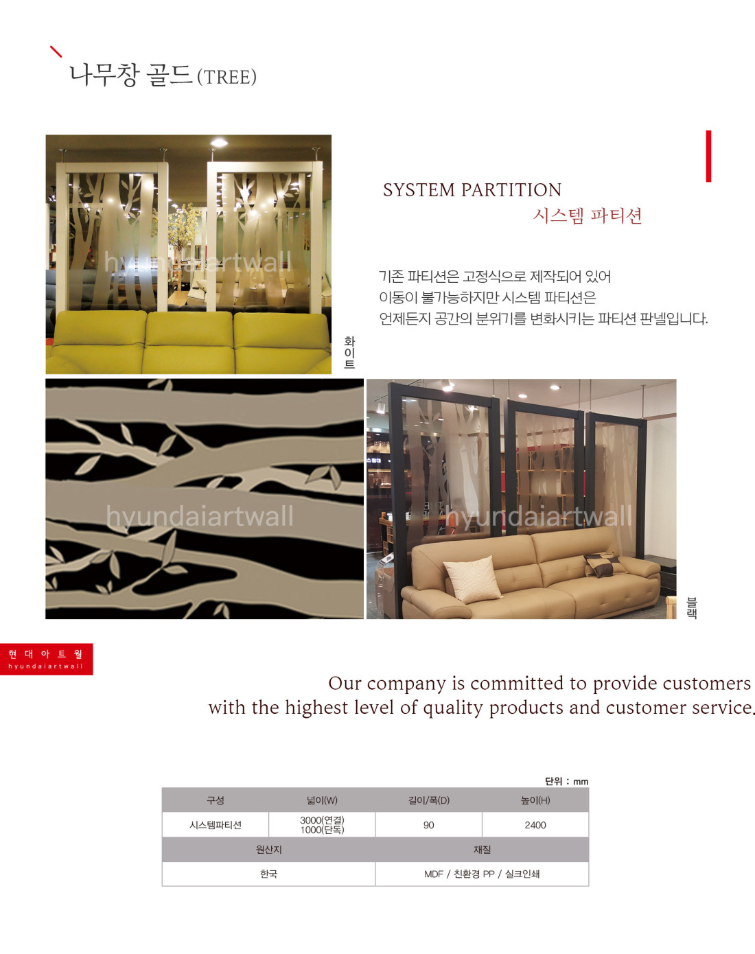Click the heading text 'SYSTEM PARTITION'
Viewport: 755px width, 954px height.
point(472,190)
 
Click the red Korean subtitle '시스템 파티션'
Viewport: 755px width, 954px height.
point(588,216)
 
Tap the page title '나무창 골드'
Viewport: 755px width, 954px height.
point(131,74)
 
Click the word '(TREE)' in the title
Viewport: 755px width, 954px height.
point(226,77)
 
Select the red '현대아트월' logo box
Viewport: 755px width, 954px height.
point(46,659)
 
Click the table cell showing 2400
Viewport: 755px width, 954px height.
point(535,825)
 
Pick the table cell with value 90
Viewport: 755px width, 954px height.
point(429,825)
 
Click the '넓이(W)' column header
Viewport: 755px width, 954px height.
point(322,800)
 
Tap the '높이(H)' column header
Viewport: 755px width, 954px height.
point(535,800)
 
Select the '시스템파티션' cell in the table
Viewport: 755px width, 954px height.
point(216,825)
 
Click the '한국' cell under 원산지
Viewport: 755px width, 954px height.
point(268,874)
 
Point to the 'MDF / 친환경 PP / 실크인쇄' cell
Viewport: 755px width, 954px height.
point(482,874)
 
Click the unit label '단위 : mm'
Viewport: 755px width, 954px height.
point(566,781)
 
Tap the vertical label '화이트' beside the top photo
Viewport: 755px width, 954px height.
point(349,353)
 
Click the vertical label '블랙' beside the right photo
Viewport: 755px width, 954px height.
point(692,607)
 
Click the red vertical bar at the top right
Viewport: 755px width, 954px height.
point(708,156)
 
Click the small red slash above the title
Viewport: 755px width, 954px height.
point(56,51)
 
